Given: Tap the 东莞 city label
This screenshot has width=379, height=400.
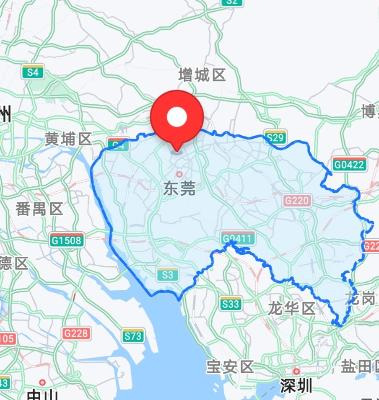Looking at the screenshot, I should point(179,189).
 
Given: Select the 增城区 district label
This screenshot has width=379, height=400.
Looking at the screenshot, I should point(202,75).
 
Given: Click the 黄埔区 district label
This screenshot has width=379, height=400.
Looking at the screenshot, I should point(68,139).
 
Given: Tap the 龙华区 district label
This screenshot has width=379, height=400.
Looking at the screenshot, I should point(291,309).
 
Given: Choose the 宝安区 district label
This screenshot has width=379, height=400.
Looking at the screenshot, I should point(230,367).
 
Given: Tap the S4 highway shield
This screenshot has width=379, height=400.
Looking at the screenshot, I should point(33,72).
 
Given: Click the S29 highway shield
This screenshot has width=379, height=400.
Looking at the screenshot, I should point(275,137).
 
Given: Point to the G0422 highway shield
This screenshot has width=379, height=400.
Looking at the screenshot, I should point(349,164).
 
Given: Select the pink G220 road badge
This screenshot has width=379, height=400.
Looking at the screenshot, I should point(298,201).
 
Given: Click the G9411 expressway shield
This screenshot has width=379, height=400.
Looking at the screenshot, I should point(238,239).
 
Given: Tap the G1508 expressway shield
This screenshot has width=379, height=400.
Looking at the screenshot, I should point(67,240).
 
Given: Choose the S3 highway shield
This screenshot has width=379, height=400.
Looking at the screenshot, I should point(168,275).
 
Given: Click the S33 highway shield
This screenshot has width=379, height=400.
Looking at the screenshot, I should point(231,304).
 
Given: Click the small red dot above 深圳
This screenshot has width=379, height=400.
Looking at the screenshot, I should point(296,372).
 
